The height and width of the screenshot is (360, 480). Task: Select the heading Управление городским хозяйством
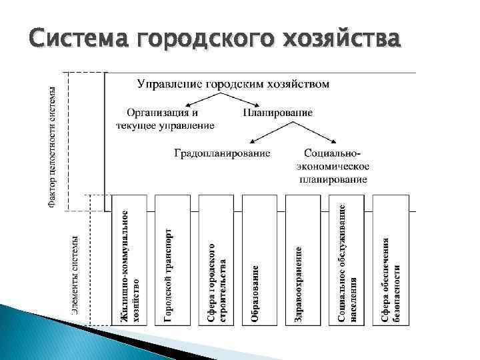(233, 84)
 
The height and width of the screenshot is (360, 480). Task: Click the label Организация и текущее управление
(165, 118)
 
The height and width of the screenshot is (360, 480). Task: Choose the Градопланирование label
(222, 153)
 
